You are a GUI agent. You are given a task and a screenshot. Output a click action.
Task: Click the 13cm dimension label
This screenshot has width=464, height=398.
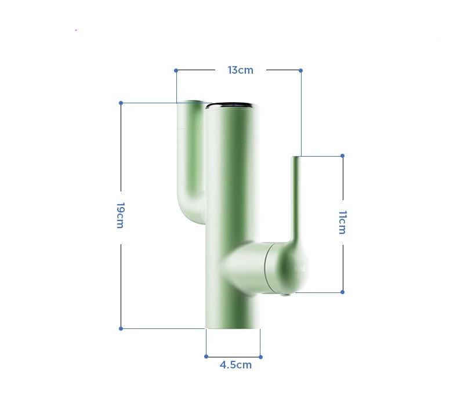[x=240, y=70]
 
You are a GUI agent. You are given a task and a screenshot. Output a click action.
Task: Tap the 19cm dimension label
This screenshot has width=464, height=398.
[x=121, y=215]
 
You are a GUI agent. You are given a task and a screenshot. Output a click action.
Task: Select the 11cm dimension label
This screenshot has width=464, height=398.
[x=342, y=222]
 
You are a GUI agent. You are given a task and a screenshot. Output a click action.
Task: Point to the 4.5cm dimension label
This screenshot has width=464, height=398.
[x=235, y=365]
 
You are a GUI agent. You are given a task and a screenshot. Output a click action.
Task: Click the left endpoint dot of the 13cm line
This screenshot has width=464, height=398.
[x=176, y=70]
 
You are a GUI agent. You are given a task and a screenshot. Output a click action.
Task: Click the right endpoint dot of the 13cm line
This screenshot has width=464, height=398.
[x=300, y=70]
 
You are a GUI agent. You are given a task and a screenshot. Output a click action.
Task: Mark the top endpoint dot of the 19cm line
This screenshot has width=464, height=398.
[x=121, y=103]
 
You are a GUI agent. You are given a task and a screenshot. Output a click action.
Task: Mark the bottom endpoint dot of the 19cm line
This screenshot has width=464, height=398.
[x=121, y=328]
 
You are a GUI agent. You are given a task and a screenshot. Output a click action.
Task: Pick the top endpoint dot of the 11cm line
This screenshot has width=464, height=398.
[x=342, y=155]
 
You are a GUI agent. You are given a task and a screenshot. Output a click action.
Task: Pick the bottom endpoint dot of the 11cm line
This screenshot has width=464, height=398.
[x=342, y=292]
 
